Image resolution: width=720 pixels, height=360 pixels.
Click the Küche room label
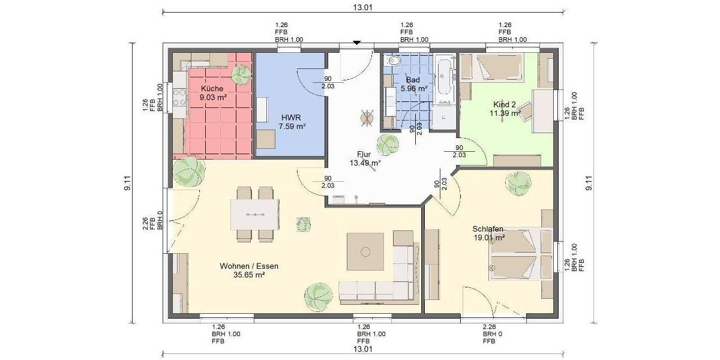coord(212,88)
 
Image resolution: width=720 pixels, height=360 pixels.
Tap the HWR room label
coord(293,118)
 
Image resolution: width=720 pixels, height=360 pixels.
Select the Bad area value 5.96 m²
coord(413,88)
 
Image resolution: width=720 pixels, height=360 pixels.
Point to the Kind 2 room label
coord(504,104)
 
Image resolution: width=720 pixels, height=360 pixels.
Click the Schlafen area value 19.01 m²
coord(488,238)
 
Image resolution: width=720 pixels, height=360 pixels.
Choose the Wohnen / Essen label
coord(249,266)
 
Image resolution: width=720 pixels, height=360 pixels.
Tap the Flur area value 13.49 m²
coord(365,163)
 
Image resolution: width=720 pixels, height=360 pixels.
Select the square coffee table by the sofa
coord(365,251)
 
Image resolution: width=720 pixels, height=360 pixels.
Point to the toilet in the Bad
coord(394,61)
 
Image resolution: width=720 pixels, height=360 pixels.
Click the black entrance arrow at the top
coord(357,43)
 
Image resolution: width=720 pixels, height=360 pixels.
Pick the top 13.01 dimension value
coord(363,7)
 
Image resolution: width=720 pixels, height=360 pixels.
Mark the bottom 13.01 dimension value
coord(363,349)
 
